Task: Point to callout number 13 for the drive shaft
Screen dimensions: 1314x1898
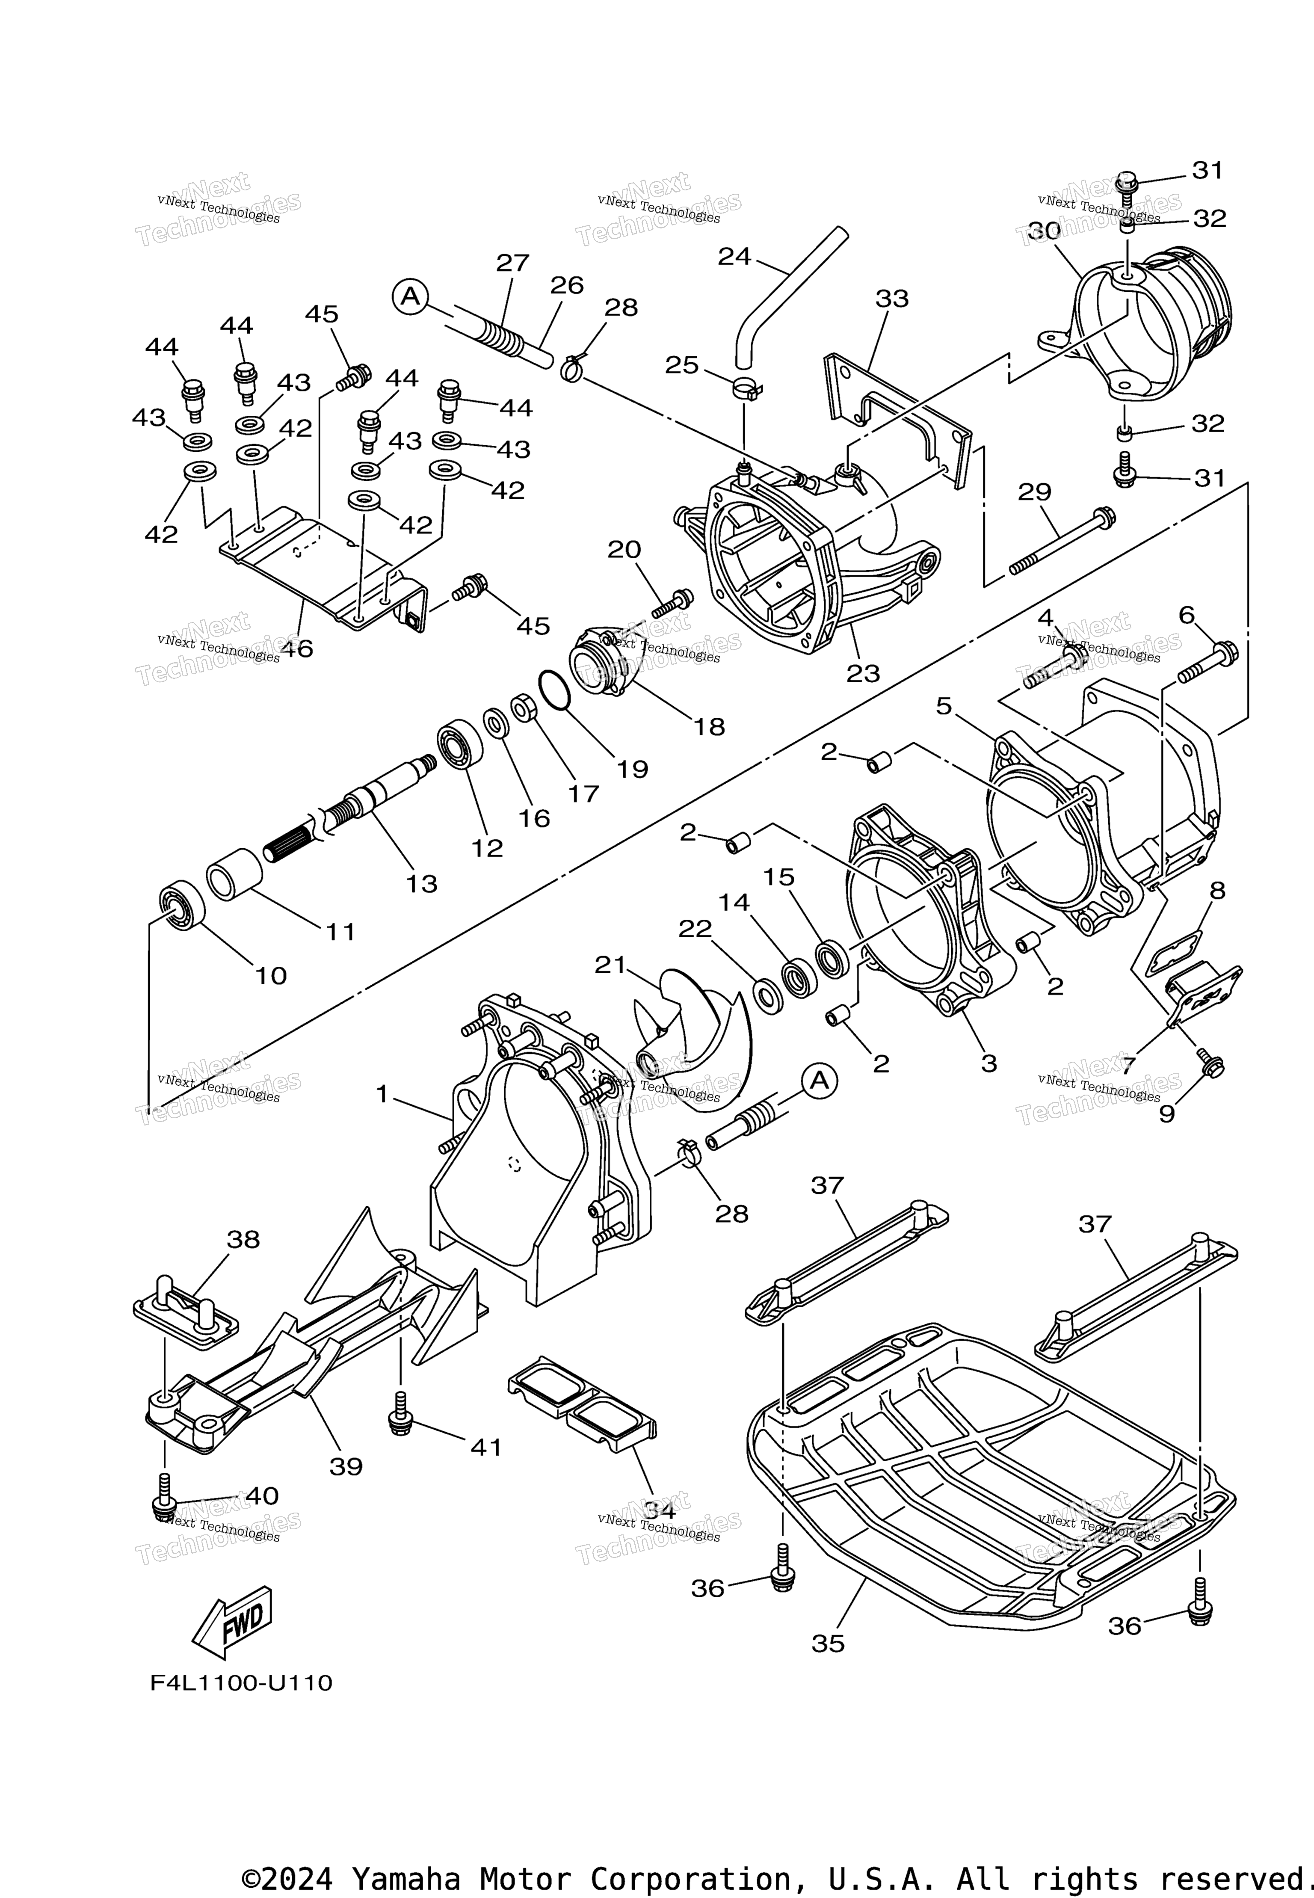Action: click(422, 883)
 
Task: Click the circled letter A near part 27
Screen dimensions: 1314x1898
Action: click(410, 295)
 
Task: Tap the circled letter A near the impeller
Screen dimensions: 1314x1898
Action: click(819, 1081)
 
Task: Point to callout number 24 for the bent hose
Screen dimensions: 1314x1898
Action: click(734, 257)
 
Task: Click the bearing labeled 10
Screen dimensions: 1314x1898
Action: click(181, 906)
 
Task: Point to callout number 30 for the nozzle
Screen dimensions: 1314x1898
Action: click(1043, 231)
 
